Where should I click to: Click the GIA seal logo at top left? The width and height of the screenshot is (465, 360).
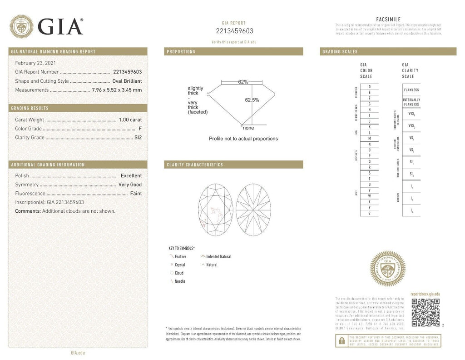click(x=21, y=26)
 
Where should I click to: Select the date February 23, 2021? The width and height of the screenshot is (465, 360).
click(x=35, y=63)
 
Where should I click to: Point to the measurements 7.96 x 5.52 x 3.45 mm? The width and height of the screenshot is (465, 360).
click(x=117, y=90)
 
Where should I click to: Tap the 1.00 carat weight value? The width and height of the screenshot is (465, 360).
click(x=130, y=120)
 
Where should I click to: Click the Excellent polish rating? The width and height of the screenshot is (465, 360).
click(x=131, y=175)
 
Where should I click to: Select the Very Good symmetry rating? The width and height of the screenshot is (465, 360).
click(x=130, y=185)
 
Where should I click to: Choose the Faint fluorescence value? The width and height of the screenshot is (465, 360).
click(x=136, y=194)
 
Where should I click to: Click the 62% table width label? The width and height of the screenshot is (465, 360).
click(x=243, y=82)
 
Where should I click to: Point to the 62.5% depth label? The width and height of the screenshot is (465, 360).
click(x=252, y=100)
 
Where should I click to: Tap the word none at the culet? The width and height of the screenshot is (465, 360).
click(x=248, y=128)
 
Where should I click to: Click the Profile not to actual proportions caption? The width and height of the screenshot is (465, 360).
click(x=243, y=139)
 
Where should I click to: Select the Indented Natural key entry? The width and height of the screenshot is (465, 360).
click(x=218, y=257)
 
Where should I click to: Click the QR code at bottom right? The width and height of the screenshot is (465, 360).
click(x=425, y=313)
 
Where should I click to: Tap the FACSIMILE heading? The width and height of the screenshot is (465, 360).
click(x=388, y=19)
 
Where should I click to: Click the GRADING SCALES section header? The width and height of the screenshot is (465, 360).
click(x=340, y=52)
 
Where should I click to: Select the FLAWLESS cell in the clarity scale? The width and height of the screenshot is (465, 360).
click(x=411, y=90)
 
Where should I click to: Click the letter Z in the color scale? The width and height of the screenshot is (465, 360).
click(x=369, y=213)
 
